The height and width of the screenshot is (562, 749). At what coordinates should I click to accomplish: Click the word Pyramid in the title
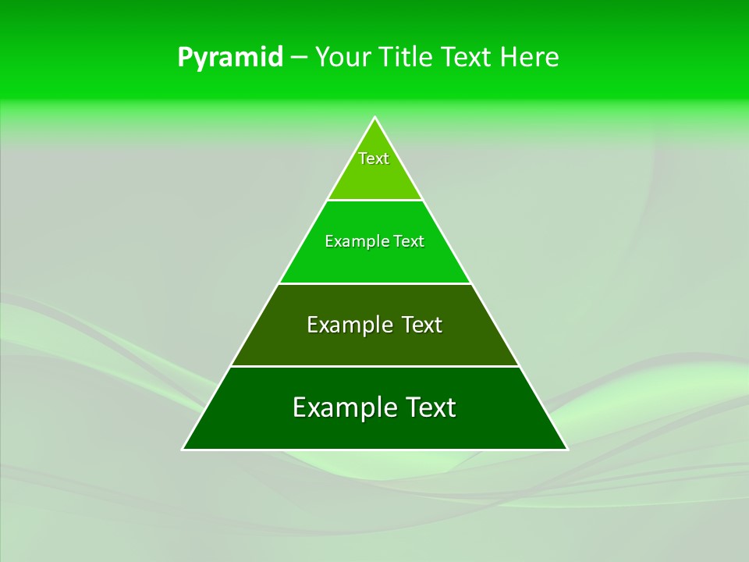(230, 58)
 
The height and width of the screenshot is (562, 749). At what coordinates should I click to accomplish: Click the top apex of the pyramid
(375, 118)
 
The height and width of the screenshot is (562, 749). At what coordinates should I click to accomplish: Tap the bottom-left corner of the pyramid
(184, 449)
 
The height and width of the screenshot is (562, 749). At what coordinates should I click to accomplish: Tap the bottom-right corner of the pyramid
(566, 449)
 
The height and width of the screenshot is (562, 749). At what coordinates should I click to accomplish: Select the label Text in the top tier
(374, 158)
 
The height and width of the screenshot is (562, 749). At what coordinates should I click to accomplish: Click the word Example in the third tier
(346, 325)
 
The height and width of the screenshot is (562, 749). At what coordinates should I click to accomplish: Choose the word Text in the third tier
(422, 325)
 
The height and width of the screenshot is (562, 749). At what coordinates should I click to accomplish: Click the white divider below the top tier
(375, 200)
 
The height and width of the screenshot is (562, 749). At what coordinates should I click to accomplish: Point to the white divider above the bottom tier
(375, 366)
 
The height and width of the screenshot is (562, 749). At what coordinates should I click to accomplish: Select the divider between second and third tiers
(375, 283)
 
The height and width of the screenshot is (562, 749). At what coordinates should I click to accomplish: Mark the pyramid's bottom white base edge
(375, 450)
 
